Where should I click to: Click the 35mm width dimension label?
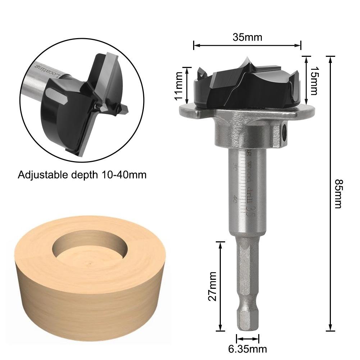tap(247, 37)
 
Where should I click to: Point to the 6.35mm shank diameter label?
tap(248, 348)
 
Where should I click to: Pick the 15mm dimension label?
tap(314, 81)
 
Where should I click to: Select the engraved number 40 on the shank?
tap(235, 199)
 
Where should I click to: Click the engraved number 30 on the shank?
tap(234, 168)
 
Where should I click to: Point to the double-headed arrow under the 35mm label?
tap(247, 45)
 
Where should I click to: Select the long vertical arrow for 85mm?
tap(330, 194)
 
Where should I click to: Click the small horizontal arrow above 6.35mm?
tap(247, 338)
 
